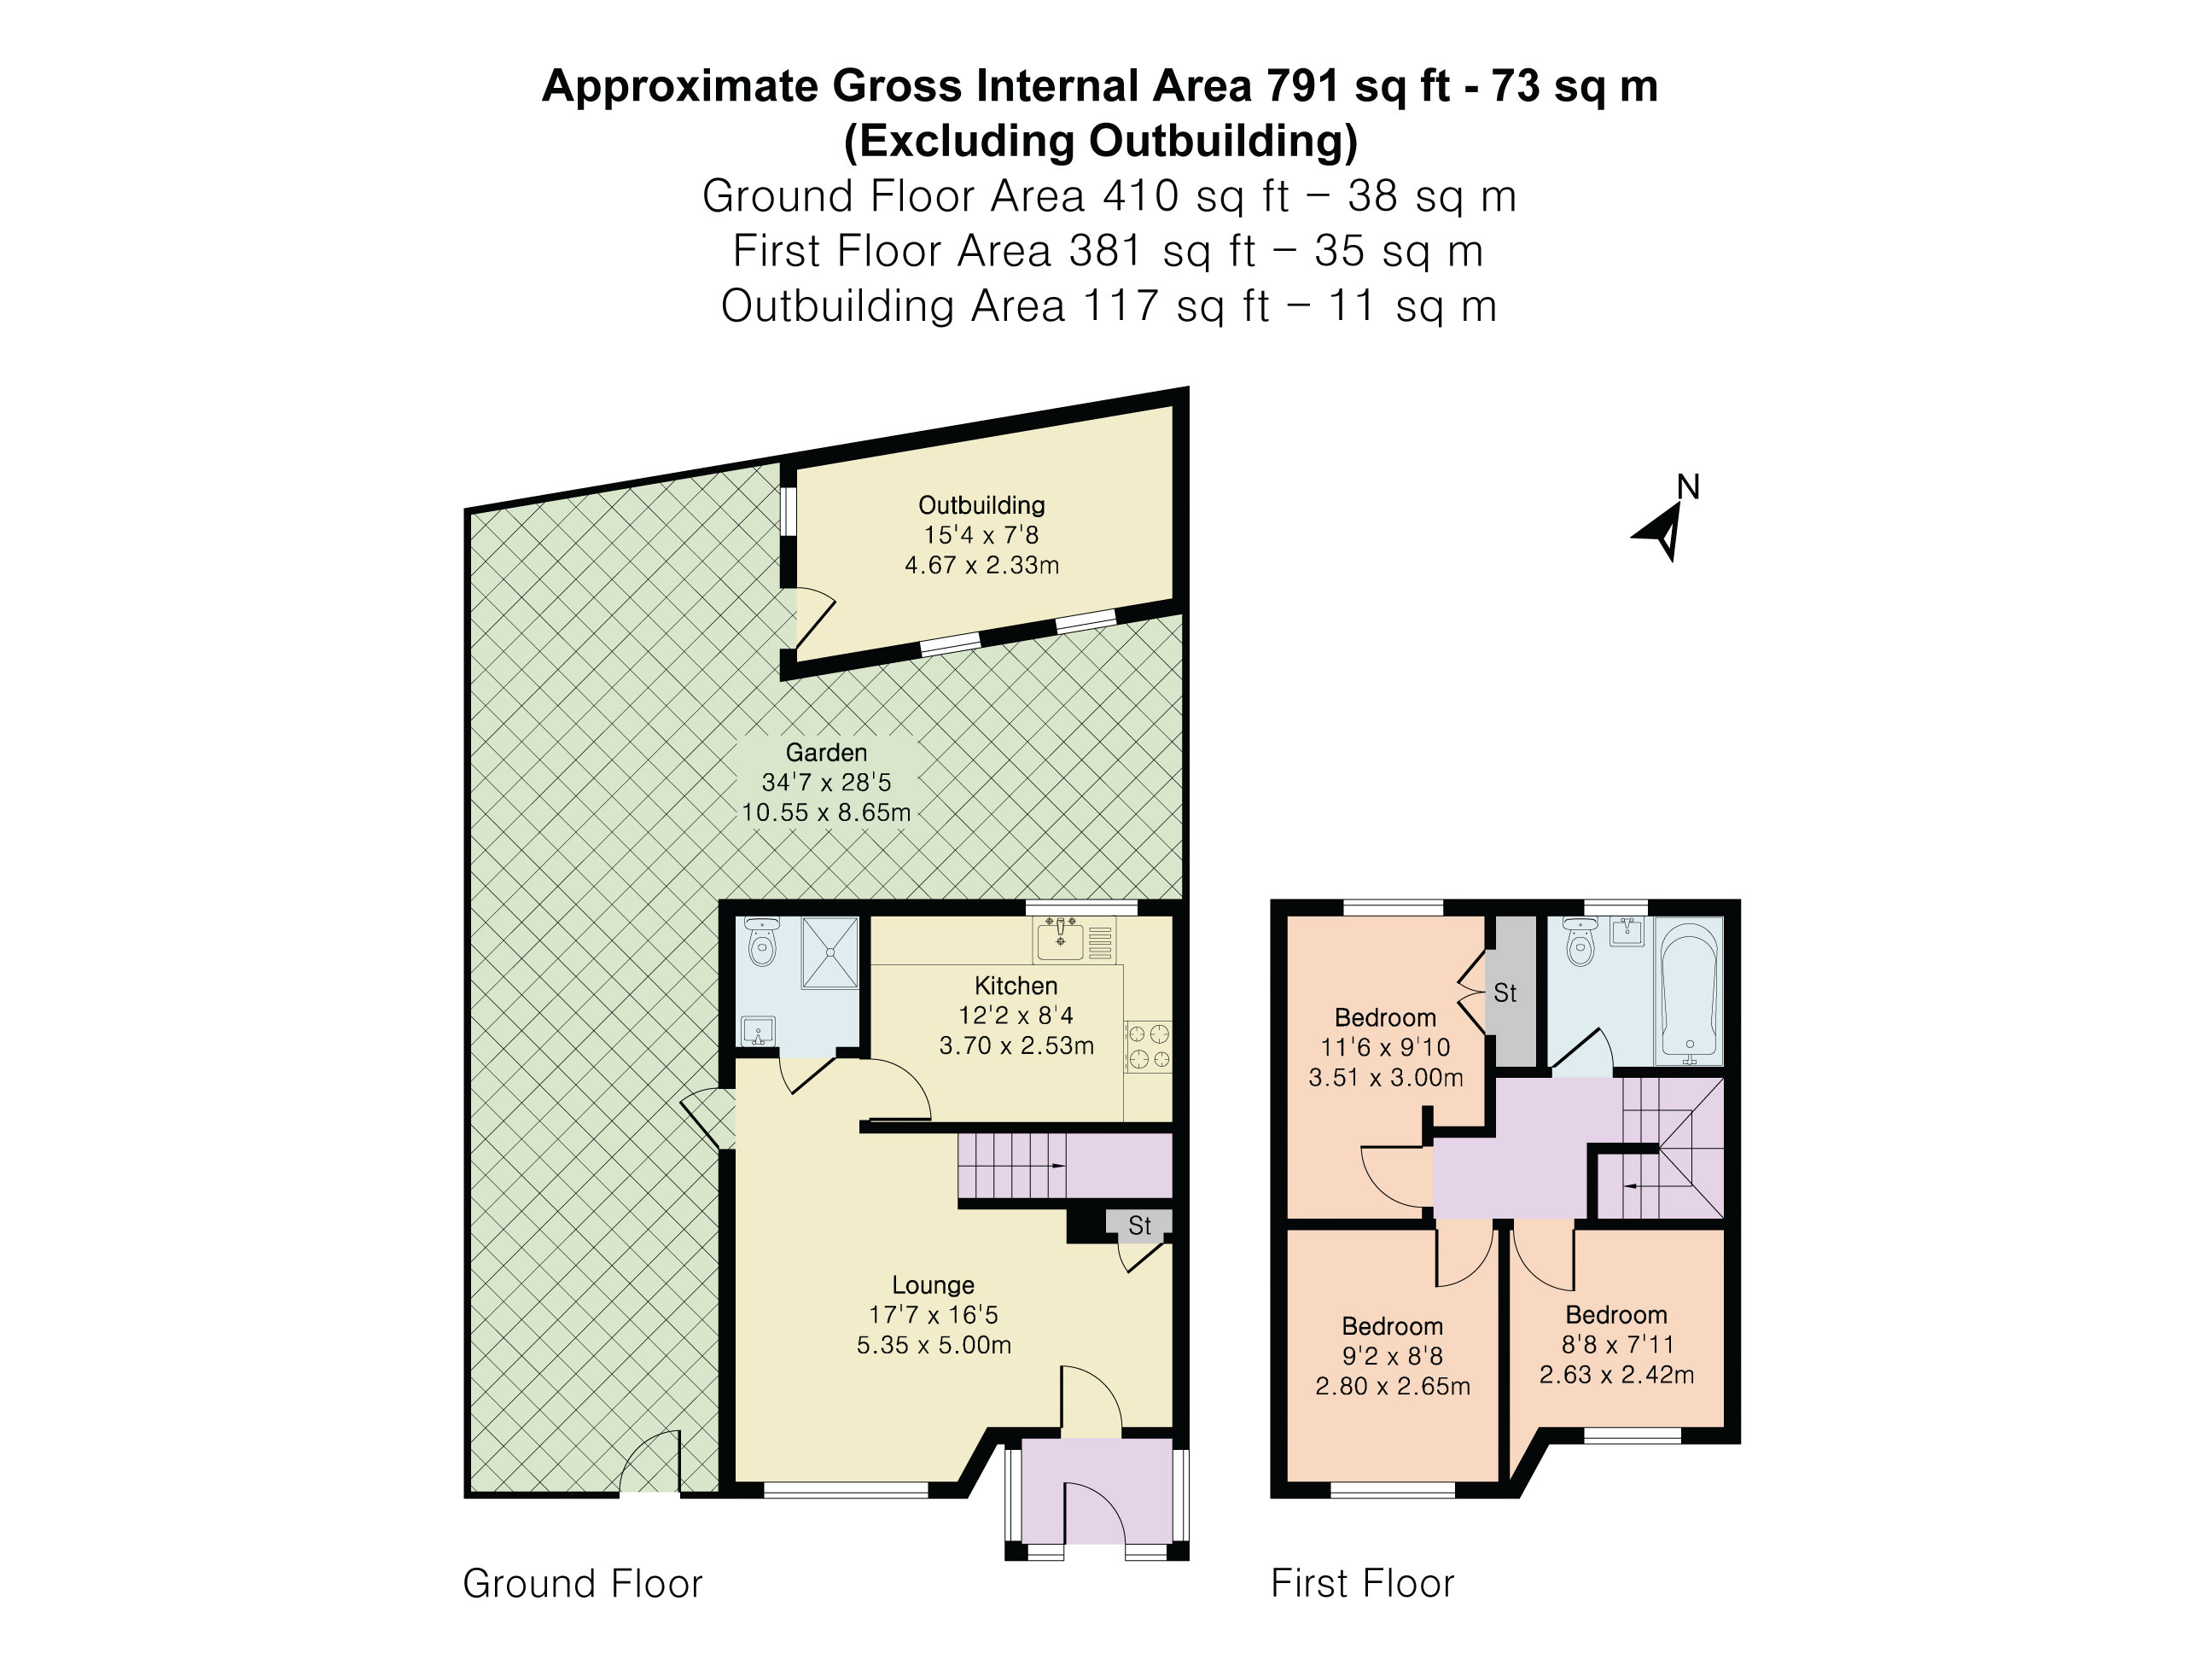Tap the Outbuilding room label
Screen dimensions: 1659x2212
click(981, 505)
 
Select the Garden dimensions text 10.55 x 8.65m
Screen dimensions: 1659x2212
click(826, 812)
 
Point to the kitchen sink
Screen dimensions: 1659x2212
click(1060, 940)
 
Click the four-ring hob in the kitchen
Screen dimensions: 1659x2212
click(1147, 1046)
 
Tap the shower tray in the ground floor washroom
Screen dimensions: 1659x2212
click(830, 952)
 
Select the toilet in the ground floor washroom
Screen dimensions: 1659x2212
click(762, 943)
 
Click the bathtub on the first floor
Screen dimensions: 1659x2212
click(1689, 991)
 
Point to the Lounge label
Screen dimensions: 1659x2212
click(932, 1285)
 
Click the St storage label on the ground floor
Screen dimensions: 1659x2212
click(1139, 1225)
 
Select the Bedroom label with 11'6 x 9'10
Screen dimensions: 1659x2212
click(1385, 1018)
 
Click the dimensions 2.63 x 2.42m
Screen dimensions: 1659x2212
click(1616, 1375)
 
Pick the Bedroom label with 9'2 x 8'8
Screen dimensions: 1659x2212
click(1392, 1327)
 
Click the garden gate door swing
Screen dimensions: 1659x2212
click(650, 1462)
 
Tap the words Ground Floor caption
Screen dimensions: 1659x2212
click(582, 1584)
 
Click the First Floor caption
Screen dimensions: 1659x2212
click(1362, 1584)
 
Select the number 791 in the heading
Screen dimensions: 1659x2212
click(1303, 86)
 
